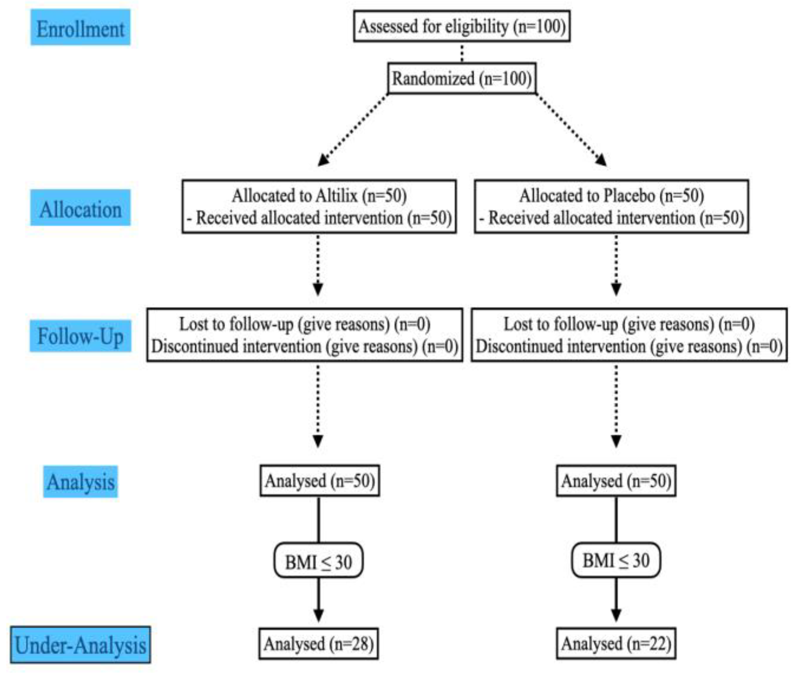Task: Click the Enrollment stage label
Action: coord(80,28)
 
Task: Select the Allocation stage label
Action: coord(80,208)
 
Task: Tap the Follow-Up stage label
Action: coord(80,336)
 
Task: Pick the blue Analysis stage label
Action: coord(80,481)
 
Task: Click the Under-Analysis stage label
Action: coord(80,645)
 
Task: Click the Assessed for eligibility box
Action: coord(461,26)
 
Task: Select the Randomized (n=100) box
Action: coord(461,78)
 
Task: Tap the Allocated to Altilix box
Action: coord(319,207)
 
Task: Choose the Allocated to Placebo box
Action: coord(611,207)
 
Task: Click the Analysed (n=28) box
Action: coord(319,644)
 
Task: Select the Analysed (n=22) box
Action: coord(616,644)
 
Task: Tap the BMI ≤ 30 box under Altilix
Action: coord(318,561)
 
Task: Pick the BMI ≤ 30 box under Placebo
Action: coord(615,560)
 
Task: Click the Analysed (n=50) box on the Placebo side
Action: coord(616,480)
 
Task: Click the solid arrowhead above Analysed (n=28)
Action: coord(319,615)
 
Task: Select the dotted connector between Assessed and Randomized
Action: coord(462,52)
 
